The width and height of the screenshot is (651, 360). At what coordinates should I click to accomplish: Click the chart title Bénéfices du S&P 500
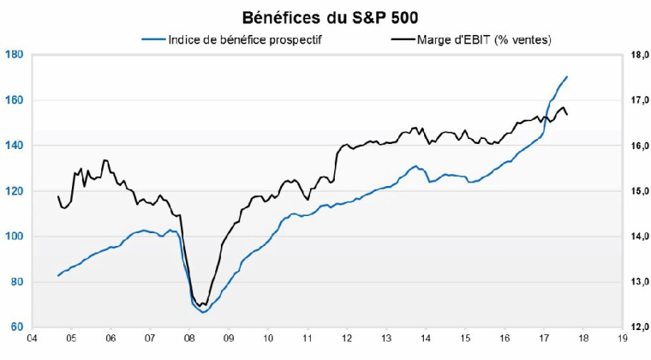pos(326,16)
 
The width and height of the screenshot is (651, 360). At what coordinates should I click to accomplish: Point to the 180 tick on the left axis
pos(14,54)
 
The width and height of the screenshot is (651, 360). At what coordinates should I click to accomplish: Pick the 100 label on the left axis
pos(14,236)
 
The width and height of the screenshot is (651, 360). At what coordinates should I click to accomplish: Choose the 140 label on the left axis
pos(14,145)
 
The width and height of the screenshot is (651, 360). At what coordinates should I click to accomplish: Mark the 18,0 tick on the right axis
pos(638,54)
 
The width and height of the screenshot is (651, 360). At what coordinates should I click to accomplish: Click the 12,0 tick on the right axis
pos(638,327)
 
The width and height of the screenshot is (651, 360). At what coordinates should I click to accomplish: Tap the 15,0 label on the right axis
pos(638,190)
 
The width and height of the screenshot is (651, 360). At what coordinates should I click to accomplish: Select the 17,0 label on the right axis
pos(638,99)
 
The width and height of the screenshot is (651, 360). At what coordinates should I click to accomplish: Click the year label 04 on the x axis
pos(32,339)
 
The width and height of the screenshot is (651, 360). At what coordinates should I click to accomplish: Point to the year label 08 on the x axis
pos(189,339)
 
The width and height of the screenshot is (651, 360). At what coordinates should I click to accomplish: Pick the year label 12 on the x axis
pos(347,339)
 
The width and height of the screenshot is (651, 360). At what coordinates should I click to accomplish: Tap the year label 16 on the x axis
pos(504,339)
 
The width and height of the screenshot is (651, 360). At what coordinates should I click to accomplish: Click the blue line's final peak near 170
pos(567,77)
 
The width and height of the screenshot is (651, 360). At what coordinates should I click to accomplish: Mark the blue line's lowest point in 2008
pos(203,312)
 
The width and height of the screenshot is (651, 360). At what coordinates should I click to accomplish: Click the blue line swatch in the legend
pos(152,39)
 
